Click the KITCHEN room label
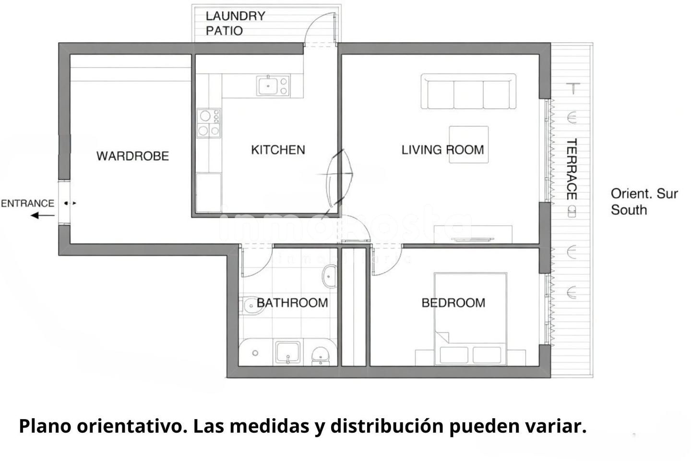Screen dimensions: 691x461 point(278,150)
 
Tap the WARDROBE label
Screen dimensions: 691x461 point(132,156)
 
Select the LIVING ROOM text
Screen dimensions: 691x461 point(442,150)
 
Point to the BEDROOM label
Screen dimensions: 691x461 point(453,303)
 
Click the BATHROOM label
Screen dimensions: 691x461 point(292,303)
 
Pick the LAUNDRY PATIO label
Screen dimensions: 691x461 point(235,23)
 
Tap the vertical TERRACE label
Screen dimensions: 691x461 point(572,169)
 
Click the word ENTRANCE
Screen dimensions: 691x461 point(27,204)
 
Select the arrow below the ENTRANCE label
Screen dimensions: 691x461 point(43,215)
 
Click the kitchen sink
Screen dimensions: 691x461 point(273,85)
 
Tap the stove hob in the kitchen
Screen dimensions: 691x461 point(209,123)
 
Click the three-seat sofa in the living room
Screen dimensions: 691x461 point(468,91)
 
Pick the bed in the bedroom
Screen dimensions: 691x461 point(470,319)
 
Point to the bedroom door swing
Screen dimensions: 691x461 point(387,259)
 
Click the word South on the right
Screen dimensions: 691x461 point(629,210)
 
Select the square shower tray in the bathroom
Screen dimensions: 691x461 point(288,352)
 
